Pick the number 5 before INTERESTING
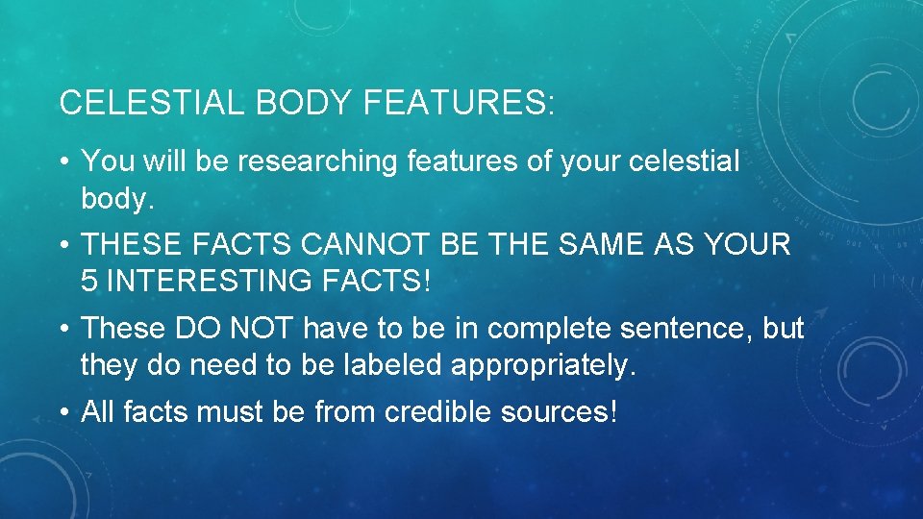pos(88,282)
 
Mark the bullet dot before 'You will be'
pos(63,161)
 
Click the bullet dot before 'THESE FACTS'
pos(63,245)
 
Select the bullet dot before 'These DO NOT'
pos(63,329)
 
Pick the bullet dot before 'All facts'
pos(63,412)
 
